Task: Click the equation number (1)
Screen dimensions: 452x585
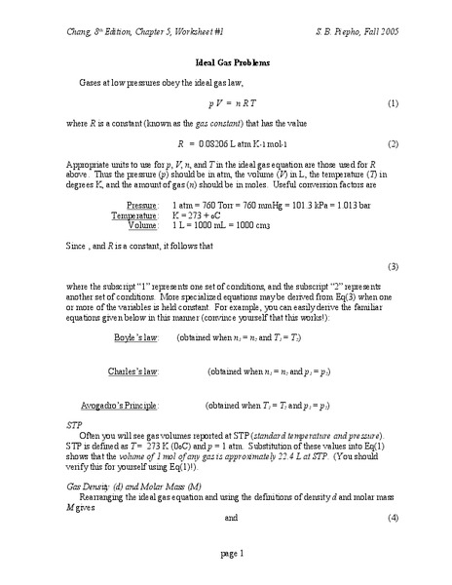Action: [x=393, y=102]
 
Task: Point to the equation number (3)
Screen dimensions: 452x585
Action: [x=393, y=266]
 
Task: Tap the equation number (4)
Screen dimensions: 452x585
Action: [x=393, y=518]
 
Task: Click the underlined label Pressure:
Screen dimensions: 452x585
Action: [x=142, y=206]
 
